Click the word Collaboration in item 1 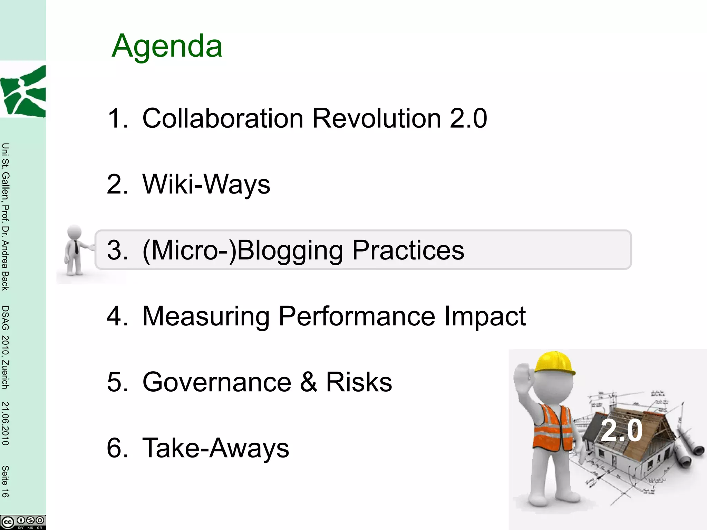pos(223,118)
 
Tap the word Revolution pos(377,118)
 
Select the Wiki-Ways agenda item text pos(206,184)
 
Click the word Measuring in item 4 pos(206,316)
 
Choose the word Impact pos(485,316)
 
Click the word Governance pos(217,382)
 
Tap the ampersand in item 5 pos(308,382)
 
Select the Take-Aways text pos(216,448)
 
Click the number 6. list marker pos(117,448)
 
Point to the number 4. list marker pos(117,316)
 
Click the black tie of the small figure pos(76,247)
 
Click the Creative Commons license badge pos(23,522)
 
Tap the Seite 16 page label pos(5,481)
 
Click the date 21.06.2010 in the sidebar pos(5,423)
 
